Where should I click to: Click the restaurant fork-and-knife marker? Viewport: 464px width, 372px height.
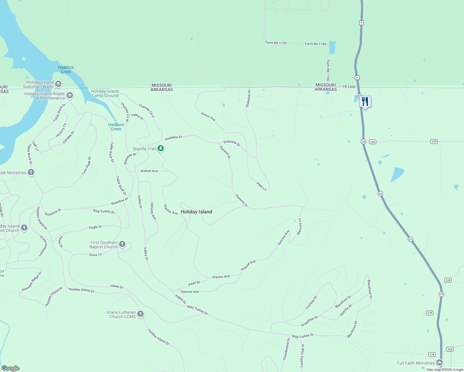pos(365,101)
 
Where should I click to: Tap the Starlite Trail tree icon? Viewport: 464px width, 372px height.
pos(161,148)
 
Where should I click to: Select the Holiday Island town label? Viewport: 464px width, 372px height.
pos(196,212)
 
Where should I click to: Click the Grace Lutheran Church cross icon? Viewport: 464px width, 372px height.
pos(141,314)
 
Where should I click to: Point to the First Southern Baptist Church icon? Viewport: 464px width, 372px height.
pos(122,244)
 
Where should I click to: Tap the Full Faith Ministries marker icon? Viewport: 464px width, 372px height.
pos(439,362)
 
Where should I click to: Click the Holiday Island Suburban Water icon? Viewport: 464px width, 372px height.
pos(58,84)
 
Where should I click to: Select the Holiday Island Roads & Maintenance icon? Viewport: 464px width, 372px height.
pos(70,95)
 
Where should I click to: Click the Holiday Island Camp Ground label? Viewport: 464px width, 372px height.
pos(105,93)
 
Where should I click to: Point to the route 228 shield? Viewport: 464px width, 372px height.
pos(448,280)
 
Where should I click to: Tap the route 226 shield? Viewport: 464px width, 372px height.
pos(450,349)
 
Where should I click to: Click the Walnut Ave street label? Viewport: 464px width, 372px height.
pos(149,171)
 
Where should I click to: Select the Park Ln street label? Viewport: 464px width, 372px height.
pos(261,186)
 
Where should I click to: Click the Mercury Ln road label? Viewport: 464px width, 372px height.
pos(299,227)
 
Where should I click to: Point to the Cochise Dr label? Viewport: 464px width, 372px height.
pos(311,303)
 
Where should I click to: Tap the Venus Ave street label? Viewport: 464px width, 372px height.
pos(208,117)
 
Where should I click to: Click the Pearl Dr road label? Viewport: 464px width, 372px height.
pos(194,283)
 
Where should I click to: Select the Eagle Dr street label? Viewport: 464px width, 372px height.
pos(95,227)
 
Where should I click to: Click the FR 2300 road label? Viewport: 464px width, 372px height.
pos(349,87)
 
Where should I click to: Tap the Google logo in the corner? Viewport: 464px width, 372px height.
pos(10,368)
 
